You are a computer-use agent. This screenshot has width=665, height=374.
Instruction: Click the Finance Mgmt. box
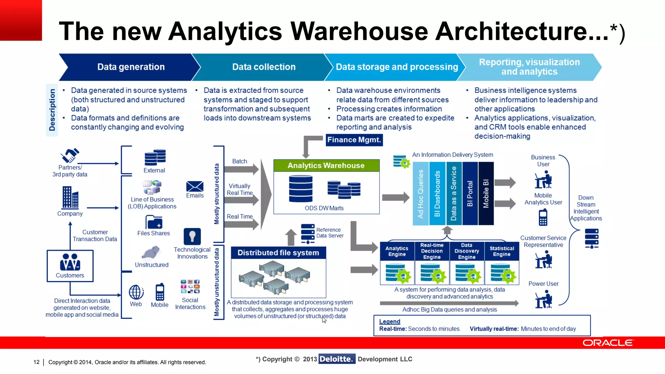pyautogui.click(x=354, y=140)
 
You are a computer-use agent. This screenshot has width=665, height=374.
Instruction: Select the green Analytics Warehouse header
pyautogui.click(x=326, y=166)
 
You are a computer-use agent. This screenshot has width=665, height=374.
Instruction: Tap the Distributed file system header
pyautogui.click(x=278, y=253)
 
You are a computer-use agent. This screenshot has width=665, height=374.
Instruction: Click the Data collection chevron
pyautogui.click(x=264, y=67)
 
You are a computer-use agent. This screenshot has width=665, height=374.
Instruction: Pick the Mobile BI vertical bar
pyautogui.click(x=486, y=193)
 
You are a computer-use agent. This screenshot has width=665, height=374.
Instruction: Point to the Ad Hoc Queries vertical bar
pyautogui.click(x=420, y=193)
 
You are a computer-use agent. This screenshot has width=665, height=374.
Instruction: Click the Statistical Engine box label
pyautogui.click(x=502, y=251)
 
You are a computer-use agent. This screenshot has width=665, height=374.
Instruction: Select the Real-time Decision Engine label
pyautogui.click(x=432, y=251)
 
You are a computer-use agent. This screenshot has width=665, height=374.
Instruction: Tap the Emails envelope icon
pyautogui.click(x=195, y=186)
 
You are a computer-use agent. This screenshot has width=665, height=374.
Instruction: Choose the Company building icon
pyautogui.click(x=70, y=197)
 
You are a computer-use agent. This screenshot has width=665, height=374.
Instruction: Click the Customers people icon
pyautogui.click(x=70, y=262)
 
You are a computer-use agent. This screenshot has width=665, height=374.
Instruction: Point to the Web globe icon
pyautogui.click(x=136, y=292)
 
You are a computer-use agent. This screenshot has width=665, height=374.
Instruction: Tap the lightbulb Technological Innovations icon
pyautogui.click(x=192, y=236)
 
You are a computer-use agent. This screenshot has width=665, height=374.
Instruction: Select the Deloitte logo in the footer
pyautogui.click(x=337, y=359)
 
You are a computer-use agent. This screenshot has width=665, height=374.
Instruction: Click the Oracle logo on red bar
pyautogui.click(x=608, y=343)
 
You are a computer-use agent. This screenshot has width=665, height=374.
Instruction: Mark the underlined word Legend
pyautogui.click(x=390, y=321)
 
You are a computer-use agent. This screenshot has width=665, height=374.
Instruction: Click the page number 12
pyautogui.click(x=36, y=362)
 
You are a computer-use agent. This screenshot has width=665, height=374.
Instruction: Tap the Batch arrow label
pyautogui.click(x=240, y=161)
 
